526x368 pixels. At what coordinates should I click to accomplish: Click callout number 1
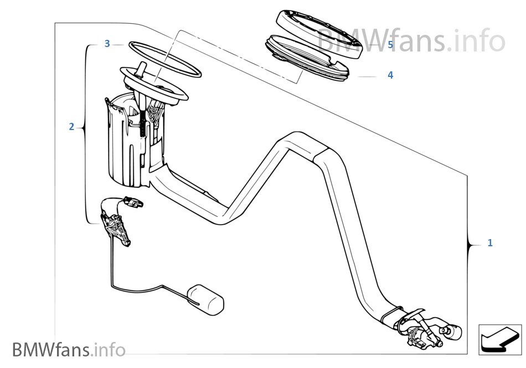pos(490,242)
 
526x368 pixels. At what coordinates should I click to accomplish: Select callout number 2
pos(71,127)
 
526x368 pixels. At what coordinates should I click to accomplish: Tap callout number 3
pos(107,44)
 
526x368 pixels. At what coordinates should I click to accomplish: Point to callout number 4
pos(390,75)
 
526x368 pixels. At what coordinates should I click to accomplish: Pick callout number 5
pos(390,45)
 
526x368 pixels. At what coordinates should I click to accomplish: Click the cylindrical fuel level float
pos(205,300)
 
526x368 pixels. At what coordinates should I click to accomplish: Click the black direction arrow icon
pos(500,340)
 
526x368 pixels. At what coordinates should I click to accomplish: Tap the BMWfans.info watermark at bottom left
pos(69,350)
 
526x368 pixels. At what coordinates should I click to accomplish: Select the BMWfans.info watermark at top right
pos(411,40)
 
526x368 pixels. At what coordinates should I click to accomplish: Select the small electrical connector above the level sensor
pos(133,202)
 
